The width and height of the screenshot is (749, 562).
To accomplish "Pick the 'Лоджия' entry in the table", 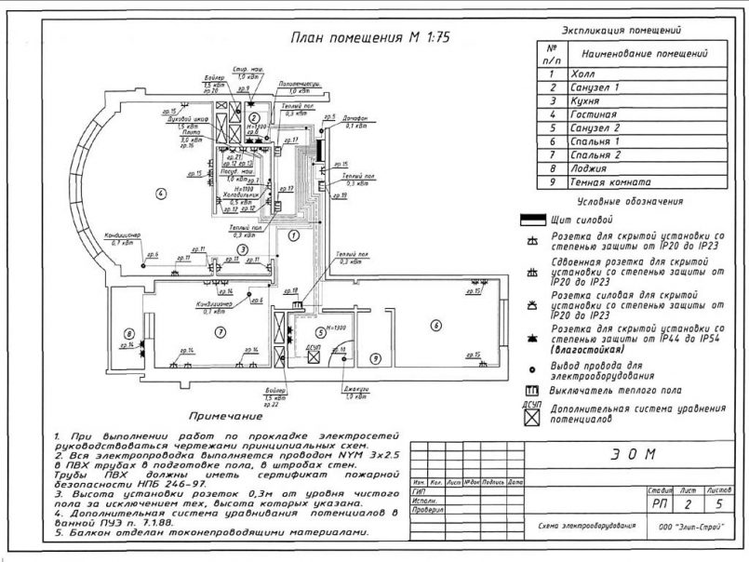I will pos(590,168).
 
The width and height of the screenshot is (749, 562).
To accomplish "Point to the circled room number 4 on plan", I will pos(160,194).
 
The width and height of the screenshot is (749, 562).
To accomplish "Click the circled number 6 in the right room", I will pos(434,325).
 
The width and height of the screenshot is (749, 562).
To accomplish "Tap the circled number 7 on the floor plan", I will pos(221,331).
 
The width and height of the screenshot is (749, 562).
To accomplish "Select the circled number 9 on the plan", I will pos(375,357).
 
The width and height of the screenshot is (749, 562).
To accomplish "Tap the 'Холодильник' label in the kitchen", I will pos(231,193).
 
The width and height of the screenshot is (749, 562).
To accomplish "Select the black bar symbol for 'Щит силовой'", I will pos(532,221).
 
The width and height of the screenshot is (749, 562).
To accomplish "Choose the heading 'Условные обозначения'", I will pos(630,201).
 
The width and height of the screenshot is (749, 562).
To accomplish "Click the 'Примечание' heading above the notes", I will pos(222,416).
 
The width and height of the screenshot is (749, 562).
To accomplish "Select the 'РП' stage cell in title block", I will pos(660,503).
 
